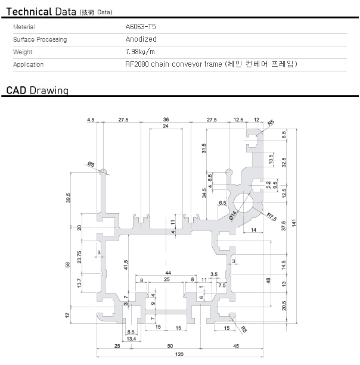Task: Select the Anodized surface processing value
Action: [x=141, y=39]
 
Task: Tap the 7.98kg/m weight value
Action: [x=139, y=52]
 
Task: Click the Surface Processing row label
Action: [x=40, y=39]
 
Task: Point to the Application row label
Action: [x=29, y=64]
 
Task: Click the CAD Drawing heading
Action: [x=38, y=91]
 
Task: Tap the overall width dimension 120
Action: [x=179, y=354]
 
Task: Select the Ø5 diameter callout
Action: [x=91, y=163]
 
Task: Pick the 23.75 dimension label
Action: [x=80, y=257]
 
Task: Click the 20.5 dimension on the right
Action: [x=284, y=305]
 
